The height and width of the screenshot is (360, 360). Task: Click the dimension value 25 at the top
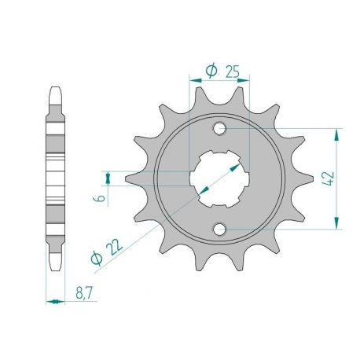click(x=233, y=72)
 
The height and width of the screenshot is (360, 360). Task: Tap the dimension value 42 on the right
click(x=329, y=178)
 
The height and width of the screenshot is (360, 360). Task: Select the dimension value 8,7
click(x=84, y=292)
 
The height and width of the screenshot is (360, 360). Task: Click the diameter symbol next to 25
click(x=211, y=71)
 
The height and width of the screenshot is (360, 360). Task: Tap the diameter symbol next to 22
click(x=96, y=259)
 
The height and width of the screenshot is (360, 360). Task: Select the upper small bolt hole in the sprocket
click(x=219, y=129)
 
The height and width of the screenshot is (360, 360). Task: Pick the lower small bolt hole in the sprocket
click(x=219, y=229)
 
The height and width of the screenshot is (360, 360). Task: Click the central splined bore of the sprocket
click(x=219, y=179)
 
